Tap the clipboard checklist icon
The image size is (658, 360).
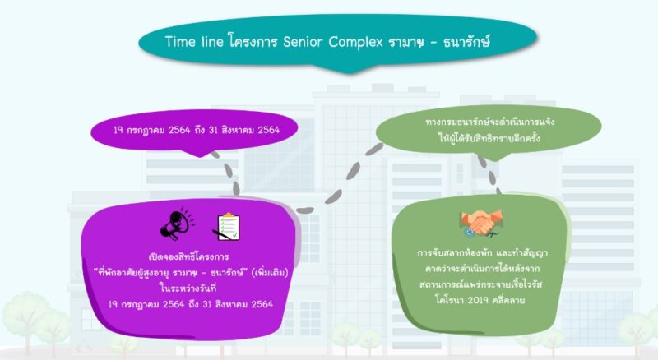(228, 227)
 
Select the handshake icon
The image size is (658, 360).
(481, 224)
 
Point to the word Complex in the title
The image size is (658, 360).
(356, 43)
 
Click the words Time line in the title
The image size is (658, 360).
(194, 42)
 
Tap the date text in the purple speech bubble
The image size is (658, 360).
(197, 130)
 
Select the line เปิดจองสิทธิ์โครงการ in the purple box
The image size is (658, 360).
(188, 256)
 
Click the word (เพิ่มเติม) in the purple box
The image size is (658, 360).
(270, 272)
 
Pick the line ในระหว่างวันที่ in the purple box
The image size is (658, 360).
(188, 288)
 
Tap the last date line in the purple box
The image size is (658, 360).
(191, 304)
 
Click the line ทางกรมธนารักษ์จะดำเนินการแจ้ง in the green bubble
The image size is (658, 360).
(489, 122)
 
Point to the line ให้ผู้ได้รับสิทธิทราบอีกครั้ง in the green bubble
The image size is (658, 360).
(489, 138)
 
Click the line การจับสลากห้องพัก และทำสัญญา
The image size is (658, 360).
(482, 253)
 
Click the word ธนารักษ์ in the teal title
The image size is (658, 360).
(466, 42)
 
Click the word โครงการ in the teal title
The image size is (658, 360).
(253, 42)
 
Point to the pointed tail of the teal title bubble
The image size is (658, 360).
(348, 73)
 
